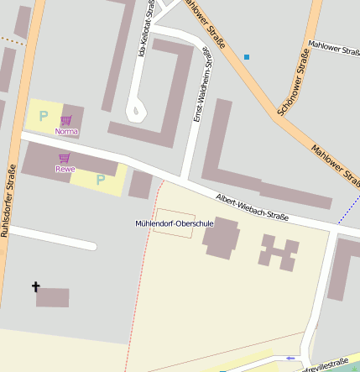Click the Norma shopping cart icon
tap(66, 120)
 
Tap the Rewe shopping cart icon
tap(65, 158)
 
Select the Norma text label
tap(66, 132)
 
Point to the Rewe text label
tap(65, 169)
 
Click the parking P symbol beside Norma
tap(43, 117)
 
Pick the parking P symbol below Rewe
tap(101, 179)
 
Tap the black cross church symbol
tap(35, 287)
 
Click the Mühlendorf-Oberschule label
tap(175, 223)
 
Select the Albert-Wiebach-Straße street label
tap(252, 207)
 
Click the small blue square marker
tap(247, 57)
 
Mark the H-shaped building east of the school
tap(279, 252)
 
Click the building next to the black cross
tap(53, 297)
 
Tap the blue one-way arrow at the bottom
tap(290, 359)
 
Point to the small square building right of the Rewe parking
tap(140, 185)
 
